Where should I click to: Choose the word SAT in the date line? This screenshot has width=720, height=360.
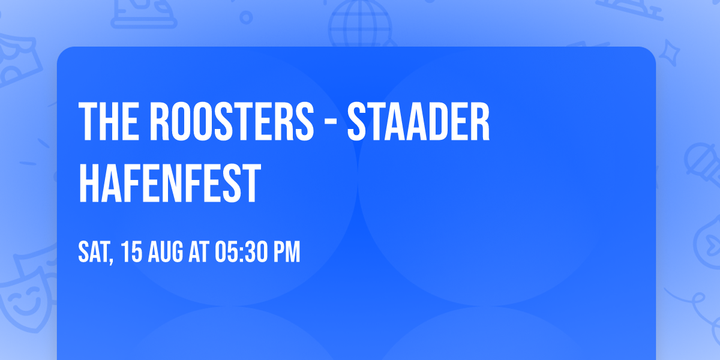pos(94,253)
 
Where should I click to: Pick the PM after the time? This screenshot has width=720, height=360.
pos(286,253)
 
